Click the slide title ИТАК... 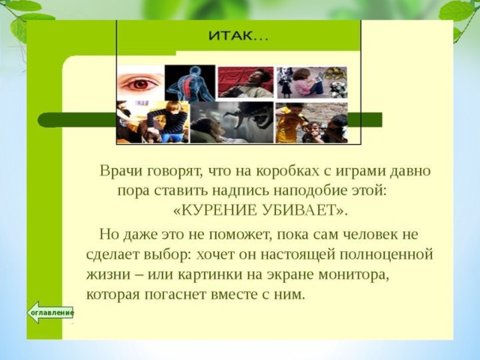point(238,36)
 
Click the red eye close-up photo point(140,82)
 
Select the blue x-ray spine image point(190,83)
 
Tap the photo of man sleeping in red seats point(245,82)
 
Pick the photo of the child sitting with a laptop point(312,82)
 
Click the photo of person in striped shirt point(153,122)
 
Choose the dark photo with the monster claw point(232,122)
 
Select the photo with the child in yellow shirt point(311,123)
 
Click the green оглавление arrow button point(50,312)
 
